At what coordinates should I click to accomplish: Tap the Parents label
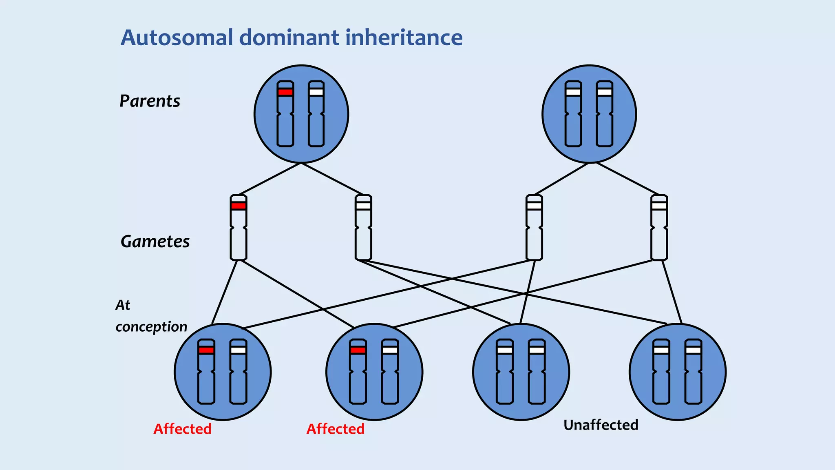click(x=150, y=101)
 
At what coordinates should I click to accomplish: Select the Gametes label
click(x=155, y=242)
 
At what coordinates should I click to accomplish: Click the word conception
click(x=151, y=327)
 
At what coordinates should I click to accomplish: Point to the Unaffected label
click(x=601, y=425)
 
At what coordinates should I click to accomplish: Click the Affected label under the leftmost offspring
click(x=182, y=429)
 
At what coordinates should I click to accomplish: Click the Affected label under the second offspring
click(x=335, y=429)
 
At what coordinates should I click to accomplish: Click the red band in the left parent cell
click(x=285, y=92)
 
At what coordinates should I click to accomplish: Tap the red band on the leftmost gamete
click(x=239, y=206)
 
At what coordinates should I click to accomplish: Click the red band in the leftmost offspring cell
click(x=206, y=350)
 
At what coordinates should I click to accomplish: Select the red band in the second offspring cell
click(x=358, y=350)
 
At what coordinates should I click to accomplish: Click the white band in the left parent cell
click(x=316, y=92)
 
